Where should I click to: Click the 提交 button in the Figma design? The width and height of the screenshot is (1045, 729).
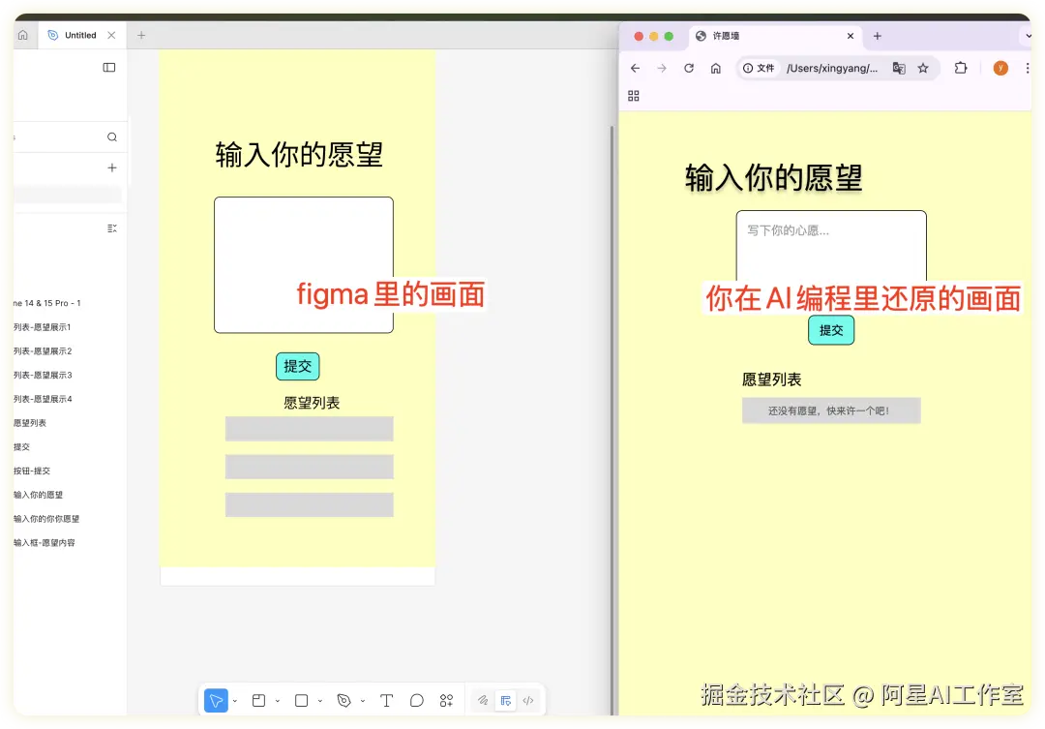click(297, 366)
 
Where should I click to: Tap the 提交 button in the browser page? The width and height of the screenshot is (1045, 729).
click(831, 330)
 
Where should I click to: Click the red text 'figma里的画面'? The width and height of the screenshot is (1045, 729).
click(390, 294)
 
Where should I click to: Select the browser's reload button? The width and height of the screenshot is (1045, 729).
click(689, 68)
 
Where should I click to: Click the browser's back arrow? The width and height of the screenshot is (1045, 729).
click(635, 68)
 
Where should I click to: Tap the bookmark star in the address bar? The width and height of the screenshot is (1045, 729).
click(923, 68)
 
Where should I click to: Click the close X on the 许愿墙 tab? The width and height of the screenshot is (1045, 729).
click(851, 36)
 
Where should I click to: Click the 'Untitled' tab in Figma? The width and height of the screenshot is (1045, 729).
click(80, 35)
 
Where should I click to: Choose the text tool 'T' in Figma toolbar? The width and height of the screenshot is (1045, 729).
click(386, 700)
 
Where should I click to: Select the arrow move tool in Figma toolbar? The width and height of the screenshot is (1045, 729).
click(216, 700)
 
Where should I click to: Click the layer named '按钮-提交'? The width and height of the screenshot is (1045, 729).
click(32, 471)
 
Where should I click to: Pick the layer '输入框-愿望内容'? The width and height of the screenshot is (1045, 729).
click(45, 542)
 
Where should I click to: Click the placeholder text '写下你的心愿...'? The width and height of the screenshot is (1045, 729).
click(788, 230)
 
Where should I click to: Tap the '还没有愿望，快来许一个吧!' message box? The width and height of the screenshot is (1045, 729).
click(830, 410)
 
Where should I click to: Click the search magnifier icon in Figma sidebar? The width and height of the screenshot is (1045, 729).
click(112, 137)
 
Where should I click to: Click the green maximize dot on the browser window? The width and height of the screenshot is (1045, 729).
click(669, 36)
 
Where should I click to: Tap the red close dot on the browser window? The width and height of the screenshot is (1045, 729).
click(639, 36)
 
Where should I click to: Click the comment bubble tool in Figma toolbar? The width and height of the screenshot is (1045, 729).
click(417, 700)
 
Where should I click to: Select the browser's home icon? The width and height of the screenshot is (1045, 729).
click(716, 68)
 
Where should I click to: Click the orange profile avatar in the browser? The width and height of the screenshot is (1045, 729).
click(1000, 68)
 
